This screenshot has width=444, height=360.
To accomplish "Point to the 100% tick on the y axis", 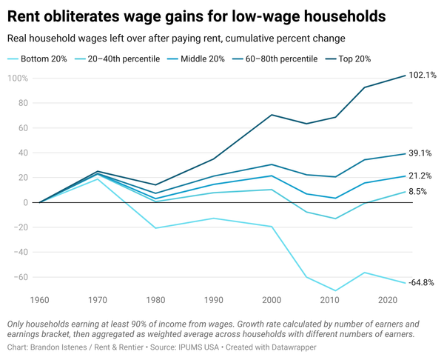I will (x=16, y=79).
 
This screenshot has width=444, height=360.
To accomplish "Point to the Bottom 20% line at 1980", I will (x=155, y=227).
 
